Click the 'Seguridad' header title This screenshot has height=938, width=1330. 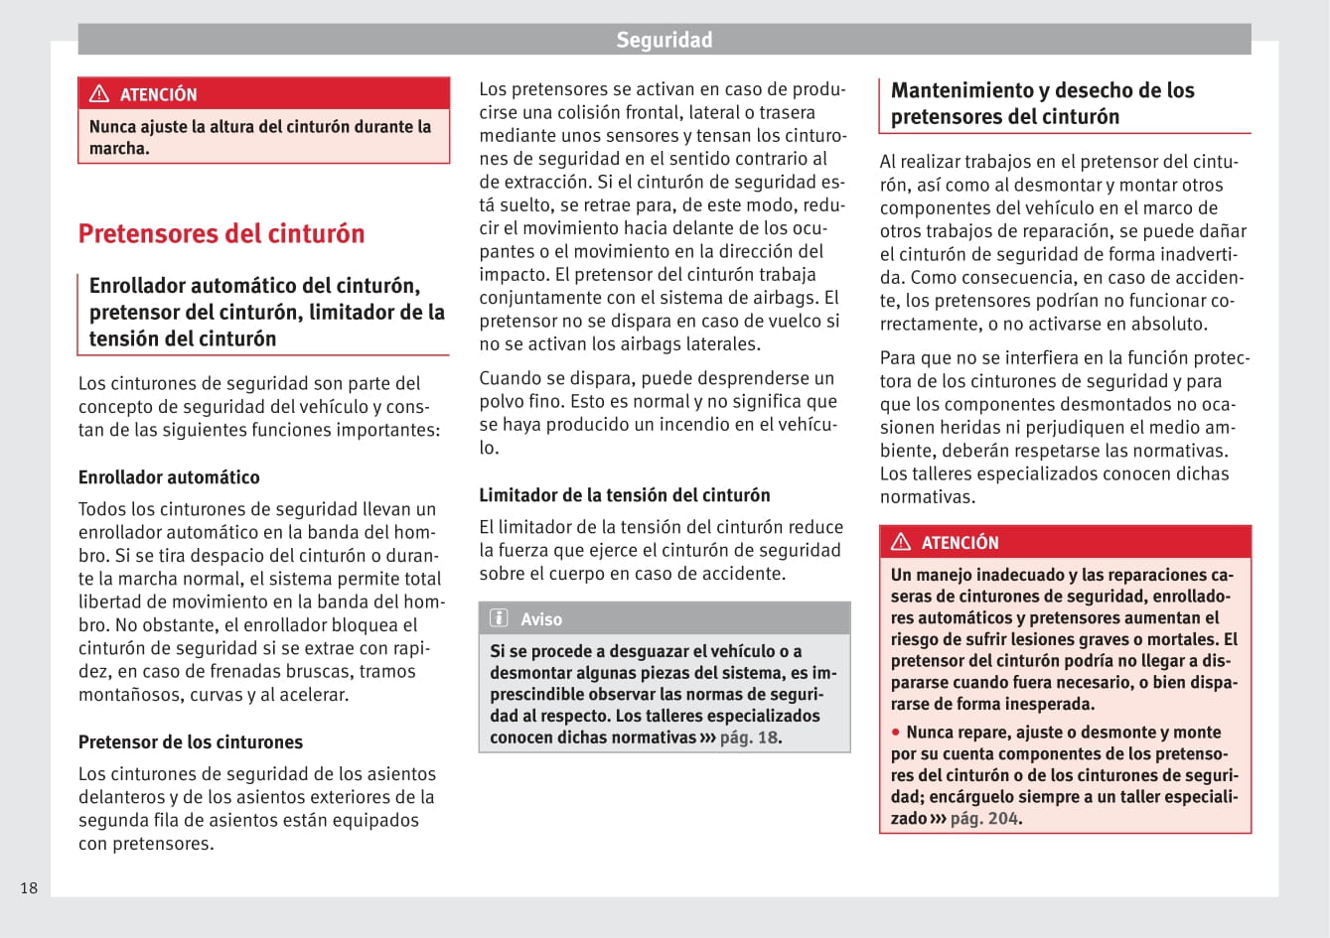[x=664, y=40]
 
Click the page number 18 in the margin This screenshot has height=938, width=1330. [x=29, y=887]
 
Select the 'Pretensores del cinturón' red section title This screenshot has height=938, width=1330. [x=222, y=233]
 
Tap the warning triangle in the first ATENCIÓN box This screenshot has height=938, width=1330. [x=99, y=94]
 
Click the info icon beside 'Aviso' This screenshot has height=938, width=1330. [x=499, y=618]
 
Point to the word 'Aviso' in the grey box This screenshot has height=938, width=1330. [x=541, y=619]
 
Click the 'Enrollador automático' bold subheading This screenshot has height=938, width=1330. [x=169, y=477]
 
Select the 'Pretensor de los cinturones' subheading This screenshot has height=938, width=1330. [x=191, y=742]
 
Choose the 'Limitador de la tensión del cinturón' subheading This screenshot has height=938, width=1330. [x=625, y=495]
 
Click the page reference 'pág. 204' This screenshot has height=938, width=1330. [x=984, y=819]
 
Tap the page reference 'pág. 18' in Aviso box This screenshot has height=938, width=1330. [x=749, y=737]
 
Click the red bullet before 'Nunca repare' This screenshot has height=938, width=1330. [x=896, y=732]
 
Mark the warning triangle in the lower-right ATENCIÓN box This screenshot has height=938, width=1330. [x=901, y=542]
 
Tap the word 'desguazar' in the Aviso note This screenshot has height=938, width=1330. [x=646, y=651]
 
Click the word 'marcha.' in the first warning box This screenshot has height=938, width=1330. [x=119, y=149]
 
